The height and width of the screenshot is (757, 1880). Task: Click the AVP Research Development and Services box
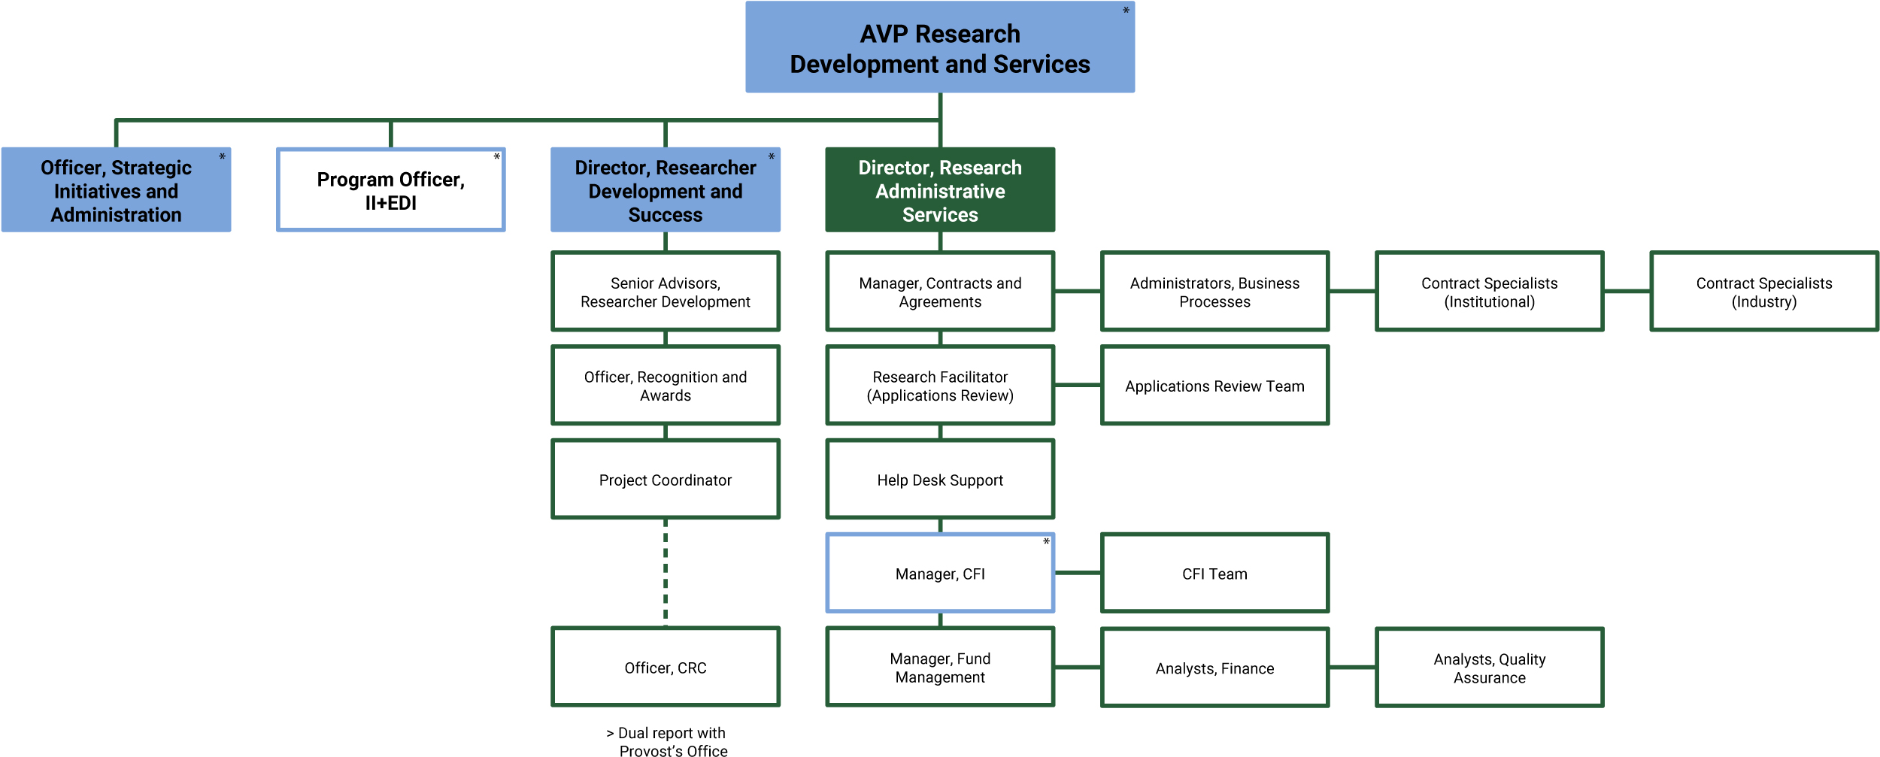coord(940,47)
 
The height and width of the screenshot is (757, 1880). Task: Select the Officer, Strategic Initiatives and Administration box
coord(116,190)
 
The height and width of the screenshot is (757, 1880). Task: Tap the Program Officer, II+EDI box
coord(390,190)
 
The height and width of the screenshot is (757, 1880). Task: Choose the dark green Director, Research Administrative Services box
coord(940,190)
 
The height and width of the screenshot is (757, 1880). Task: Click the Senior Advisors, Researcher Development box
coord(666,292)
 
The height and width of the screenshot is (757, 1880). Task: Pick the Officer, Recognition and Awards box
coord(666,386)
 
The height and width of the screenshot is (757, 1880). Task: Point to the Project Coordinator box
coord(666,480)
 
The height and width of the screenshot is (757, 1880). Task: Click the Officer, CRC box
coord(666,668)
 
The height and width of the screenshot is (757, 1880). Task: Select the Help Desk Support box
coord(940,480)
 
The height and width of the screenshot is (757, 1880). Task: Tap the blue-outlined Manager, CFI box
coord(940,574)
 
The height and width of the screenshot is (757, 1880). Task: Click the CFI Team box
coord(1214,574)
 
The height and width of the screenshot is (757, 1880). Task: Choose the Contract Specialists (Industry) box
coord(1764,292)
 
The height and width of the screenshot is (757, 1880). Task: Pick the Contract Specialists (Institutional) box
coord(1489,292)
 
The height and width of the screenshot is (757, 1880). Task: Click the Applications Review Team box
coord(1214,386)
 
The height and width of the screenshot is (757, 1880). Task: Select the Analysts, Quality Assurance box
coord(1489,668)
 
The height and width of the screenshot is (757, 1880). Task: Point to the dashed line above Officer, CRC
coord(666,573)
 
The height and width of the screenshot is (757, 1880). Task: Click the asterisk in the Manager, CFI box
coord(1046,542)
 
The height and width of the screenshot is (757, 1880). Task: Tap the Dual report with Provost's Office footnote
coord(667,741)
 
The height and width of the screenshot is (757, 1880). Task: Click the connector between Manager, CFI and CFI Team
coord(1078,573)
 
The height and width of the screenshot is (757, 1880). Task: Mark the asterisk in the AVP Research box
coord(1126,11)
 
